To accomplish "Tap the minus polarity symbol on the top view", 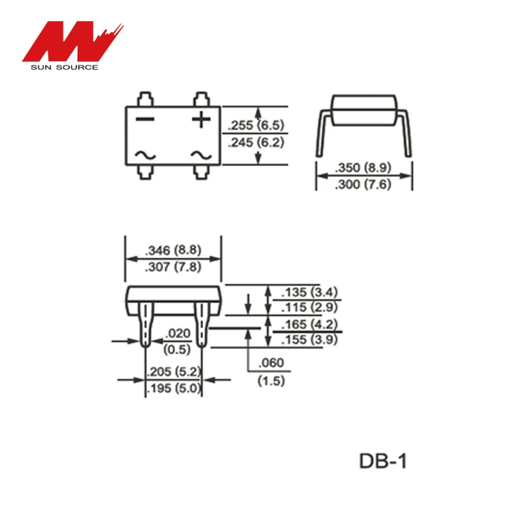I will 145,119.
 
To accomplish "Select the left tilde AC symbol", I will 145,155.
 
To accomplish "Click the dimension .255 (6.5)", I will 255,126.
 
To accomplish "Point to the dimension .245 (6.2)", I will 255,142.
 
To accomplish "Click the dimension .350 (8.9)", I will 364,168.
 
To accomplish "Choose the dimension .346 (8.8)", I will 173,250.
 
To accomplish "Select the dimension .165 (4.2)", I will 309,325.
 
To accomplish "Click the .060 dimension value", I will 271,364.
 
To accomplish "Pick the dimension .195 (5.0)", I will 173,388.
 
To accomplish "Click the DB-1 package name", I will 383,462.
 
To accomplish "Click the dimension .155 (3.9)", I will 309,340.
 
